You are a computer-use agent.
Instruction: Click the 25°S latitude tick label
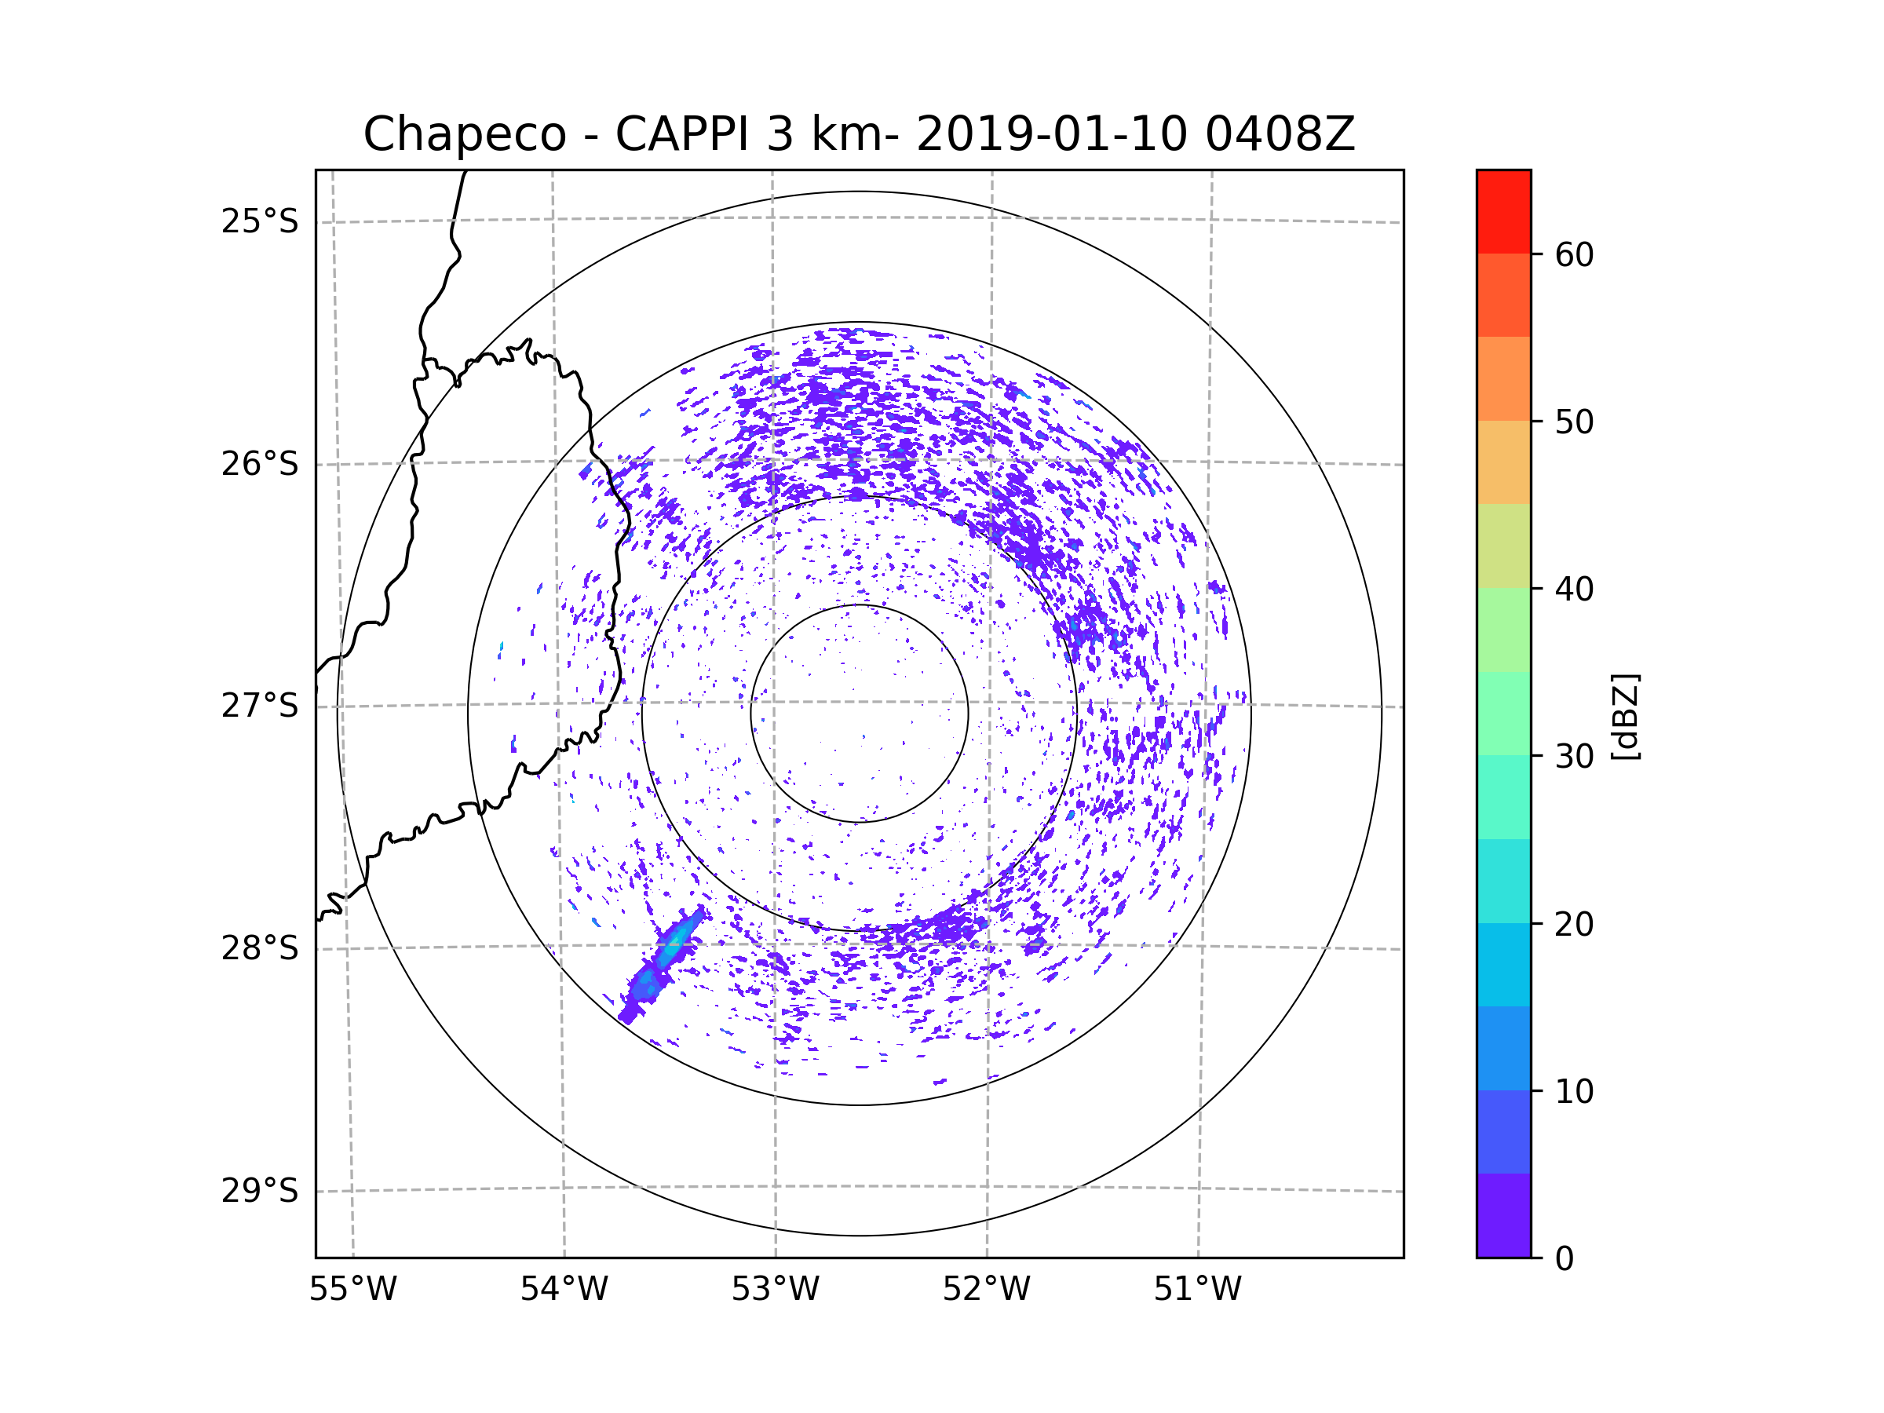(260, 221)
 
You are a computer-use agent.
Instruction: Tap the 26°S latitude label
(260, 464)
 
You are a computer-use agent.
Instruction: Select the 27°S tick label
(260, 706)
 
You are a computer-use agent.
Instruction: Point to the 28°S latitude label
(260, 948)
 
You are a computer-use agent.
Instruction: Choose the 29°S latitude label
(260, 1191)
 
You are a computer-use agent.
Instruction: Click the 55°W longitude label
(352, 1290)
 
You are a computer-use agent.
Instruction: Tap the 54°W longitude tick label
(564, 1290)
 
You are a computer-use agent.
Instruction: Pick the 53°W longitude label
(775, 1290)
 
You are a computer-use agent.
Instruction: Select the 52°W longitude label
(986, 1290)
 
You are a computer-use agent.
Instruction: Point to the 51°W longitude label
(1197, 1290)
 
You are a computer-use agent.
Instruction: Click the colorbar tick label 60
(1574, 254)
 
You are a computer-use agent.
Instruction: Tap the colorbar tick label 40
(1574, 590)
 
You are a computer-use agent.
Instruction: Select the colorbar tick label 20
(1574, 924)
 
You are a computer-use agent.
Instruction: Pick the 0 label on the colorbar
(1565, 1259)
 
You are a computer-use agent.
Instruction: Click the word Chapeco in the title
(464, 134)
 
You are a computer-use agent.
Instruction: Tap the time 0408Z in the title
(1280, 134)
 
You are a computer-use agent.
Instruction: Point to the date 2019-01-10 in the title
(1051, 134)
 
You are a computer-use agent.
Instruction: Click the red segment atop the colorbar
(1503, 211)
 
